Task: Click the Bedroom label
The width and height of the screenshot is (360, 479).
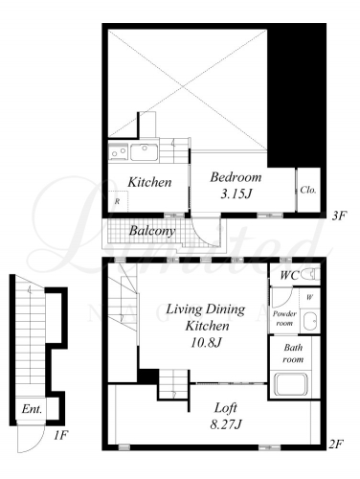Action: [x=236, y=177]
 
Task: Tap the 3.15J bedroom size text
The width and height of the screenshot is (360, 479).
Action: [x=236, y=194]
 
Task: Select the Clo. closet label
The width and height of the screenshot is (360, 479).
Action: [x=308, y=190]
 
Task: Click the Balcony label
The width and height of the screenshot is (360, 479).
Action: [x=152, y=231]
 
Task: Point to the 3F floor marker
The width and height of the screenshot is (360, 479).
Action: [x=339, y=217]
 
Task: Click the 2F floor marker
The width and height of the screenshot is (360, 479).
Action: [x=336, y=444]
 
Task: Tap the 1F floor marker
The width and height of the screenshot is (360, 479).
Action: [x=60, y=435]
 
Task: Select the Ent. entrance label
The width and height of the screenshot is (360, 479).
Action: [x=32, y=409]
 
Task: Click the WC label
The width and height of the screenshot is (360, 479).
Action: [x=289, y=275]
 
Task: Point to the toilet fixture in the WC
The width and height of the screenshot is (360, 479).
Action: [x=310, y=274]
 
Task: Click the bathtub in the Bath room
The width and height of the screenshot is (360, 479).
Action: [x=292, y=383]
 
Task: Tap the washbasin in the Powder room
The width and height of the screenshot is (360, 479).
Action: [x=309, y=321]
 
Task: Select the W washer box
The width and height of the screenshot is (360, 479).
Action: [x=309, y=298]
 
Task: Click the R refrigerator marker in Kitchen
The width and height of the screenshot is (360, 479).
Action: [x=118, y=201]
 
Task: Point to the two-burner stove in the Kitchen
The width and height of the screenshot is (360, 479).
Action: [x=118, y=151]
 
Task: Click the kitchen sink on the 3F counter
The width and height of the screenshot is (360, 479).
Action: [x=144, y=152]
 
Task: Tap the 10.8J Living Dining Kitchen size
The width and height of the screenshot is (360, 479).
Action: [x=206, y=343]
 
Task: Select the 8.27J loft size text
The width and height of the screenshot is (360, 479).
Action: [x=226, y=424]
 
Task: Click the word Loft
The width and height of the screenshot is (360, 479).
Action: [x=226, y=408]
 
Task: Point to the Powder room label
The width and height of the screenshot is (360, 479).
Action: [x=284, y=318]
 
